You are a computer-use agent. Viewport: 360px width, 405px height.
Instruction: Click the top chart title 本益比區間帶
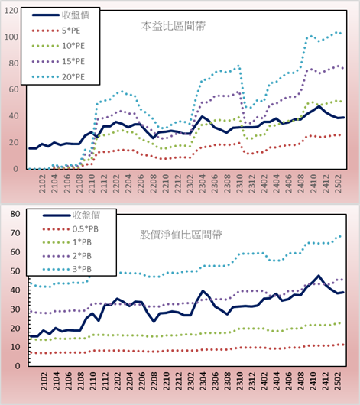tap(174, 26)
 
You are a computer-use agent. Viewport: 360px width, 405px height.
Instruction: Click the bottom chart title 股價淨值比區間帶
tap(180, 235)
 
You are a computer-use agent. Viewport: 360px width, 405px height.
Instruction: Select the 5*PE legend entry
tap(71, 31)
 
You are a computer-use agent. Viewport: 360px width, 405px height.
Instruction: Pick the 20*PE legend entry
tap(73, 77)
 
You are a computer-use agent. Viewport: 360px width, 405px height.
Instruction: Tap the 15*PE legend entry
tap(73, 61)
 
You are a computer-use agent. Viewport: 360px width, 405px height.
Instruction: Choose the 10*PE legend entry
tap(73, 46)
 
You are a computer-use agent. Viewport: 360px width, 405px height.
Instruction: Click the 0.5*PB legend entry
tap(86, 229)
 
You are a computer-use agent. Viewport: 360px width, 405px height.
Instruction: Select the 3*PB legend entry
tap(82, 269)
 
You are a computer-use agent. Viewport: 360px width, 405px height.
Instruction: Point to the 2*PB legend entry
tap(82, 256)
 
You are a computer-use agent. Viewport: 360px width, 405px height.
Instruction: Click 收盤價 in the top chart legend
tap(76, 15)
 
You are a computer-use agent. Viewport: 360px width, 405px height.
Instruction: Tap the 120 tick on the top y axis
tap(11, 11)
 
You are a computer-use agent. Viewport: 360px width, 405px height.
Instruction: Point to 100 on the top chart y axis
tap(11, 37)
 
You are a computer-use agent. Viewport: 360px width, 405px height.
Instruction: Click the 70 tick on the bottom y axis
tap(15, 233)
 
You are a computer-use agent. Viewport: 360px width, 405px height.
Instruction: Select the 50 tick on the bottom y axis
tap(15, 271)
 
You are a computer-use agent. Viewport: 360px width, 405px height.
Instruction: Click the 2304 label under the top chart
tap(202, 183)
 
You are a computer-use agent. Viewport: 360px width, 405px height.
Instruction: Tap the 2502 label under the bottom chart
tap(338, 381)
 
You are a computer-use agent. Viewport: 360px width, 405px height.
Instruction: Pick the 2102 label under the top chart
tap(42, 183)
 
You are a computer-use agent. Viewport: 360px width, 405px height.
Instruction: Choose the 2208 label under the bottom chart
tap(154, 381)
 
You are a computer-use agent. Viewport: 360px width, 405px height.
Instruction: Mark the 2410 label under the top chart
tap(313, 183)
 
